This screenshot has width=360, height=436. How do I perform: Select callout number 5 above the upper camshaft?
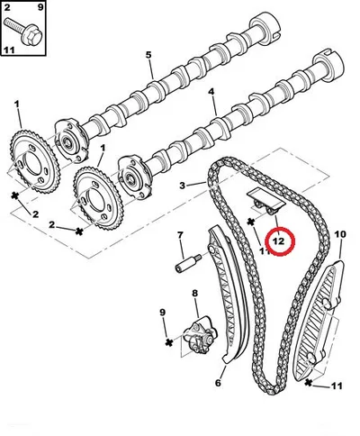tap(148, 55)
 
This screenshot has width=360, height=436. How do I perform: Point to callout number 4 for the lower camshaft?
tap(211, 92)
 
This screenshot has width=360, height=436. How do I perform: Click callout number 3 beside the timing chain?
tap(183, 186)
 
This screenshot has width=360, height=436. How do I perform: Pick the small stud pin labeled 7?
tap(188, 261)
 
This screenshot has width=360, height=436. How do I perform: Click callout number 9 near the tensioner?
tap(162, 313)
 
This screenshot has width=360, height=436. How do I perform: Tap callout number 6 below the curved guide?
tap(218, 383)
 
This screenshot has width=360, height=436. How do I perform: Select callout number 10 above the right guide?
tap(340, 234)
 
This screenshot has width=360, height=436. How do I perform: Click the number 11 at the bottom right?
tap(337, 386)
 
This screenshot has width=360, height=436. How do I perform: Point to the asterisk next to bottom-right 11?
tap(309, 382)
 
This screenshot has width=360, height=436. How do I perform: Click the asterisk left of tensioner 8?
tap(169, 342)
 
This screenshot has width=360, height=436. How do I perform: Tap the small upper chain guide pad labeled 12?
tap(266, 202)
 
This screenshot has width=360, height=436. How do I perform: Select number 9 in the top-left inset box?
tap(40, 7)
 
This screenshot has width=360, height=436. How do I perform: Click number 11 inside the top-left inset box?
tap(9, 50)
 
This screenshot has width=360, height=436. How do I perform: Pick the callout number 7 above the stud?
tap(180, 235)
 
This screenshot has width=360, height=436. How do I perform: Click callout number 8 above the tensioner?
tap(195, 293)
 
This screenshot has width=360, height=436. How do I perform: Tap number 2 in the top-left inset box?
tap(7, 7)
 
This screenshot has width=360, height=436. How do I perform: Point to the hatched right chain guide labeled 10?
tap(318, 322)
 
